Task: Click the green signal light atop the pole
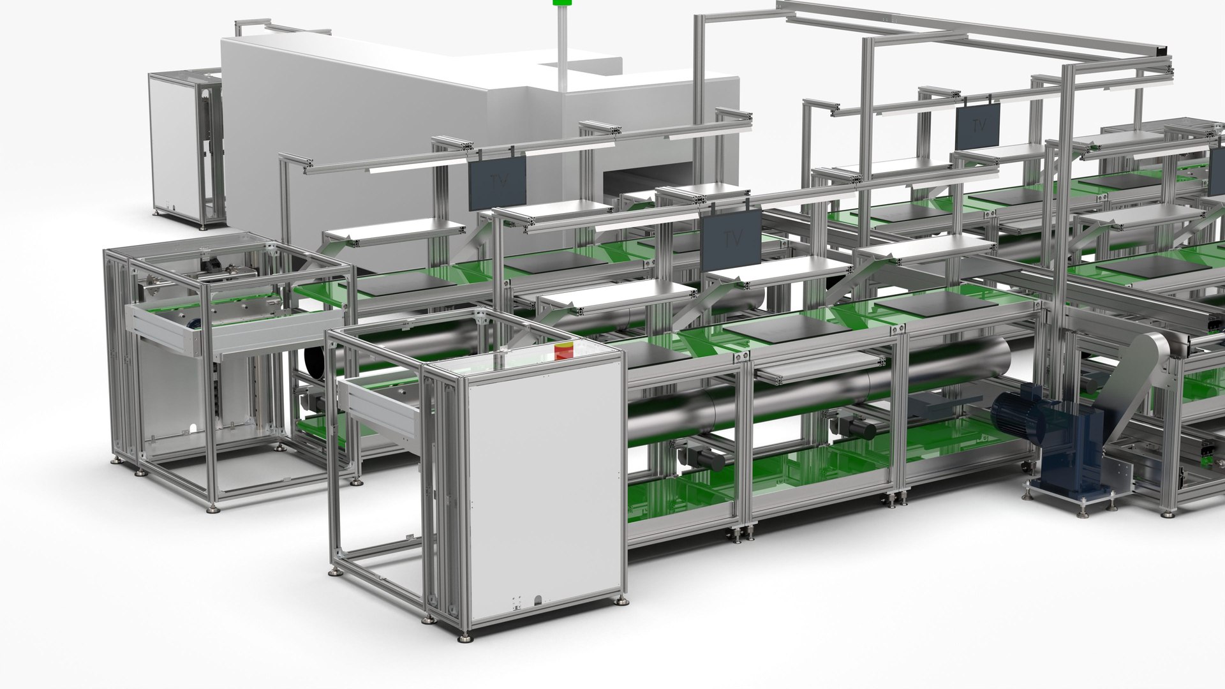[562, 3]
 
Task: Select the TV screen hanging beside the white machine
[498, 182]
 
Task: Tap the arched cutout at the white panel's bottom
[538, 600]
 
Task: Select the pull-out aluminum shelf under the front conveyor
[817, 368]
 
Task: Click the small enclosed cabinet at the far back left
[185, 150]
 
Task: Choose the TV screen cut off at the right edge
[1217, 179]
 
